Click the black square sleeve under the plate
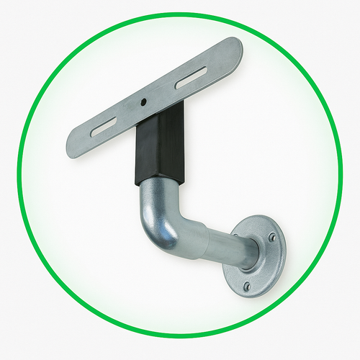(x=160, y=148)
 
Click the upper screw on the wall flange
(x=271, y=236)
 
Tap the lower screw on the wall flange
(x=247, y=286)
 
